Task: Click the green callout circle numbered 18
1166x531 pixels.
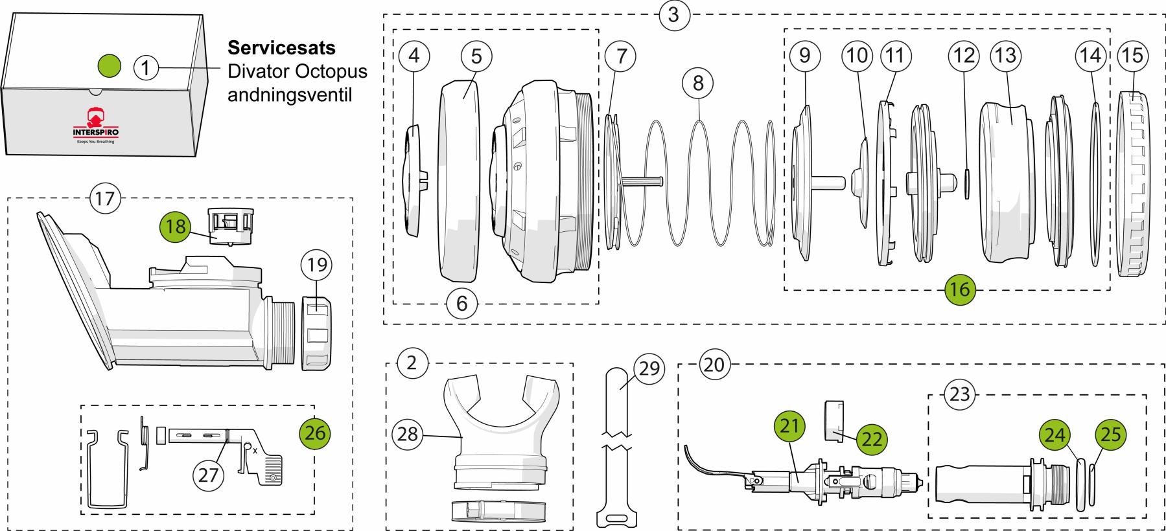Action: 176,226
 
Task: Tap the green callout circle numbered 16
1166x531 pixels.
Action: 959,289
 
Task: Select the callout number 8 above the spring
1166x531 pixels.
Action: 697,83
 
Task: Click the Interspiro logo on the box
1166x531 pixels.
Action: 96,123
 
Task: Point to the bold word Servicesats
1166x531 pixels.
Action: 281,49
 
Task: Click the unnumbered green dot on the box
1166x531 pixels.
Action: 109,65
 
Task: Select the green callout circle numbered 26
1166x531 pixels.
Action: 315,432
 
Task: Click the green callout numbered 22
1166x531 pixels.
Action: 870,439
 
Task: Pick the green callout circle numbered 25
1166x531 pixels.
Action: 1110,434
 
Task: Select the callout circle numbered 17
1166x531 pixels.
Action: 104,198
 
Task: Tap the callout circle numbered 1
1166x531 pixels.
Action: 146,67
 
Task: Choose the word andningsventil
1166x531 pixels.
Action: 288,95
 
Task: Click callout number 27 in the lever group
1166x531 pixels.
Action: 208,475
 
